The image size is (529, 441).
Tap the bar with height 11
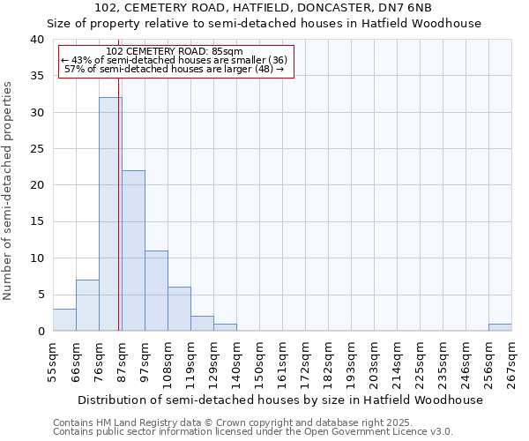(x=156, y=291)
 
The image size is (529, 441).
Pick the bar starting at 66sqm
(x=87, y=305)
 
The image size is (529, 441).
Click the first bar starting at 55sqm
(x=64, y=320)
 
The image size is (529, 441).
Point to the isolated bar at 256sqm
(x=500, y=327)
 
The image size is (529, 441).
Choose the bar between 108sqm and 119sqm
(x=179, y=309)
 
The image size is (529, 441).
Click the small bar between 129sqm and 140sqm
(x=225, y=327)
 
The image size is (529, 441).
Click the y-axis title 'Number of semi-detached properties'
(x=9, y=191)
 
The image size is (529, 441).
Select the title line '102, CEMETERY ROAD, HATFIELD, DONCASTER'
(x=263, y=8)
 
